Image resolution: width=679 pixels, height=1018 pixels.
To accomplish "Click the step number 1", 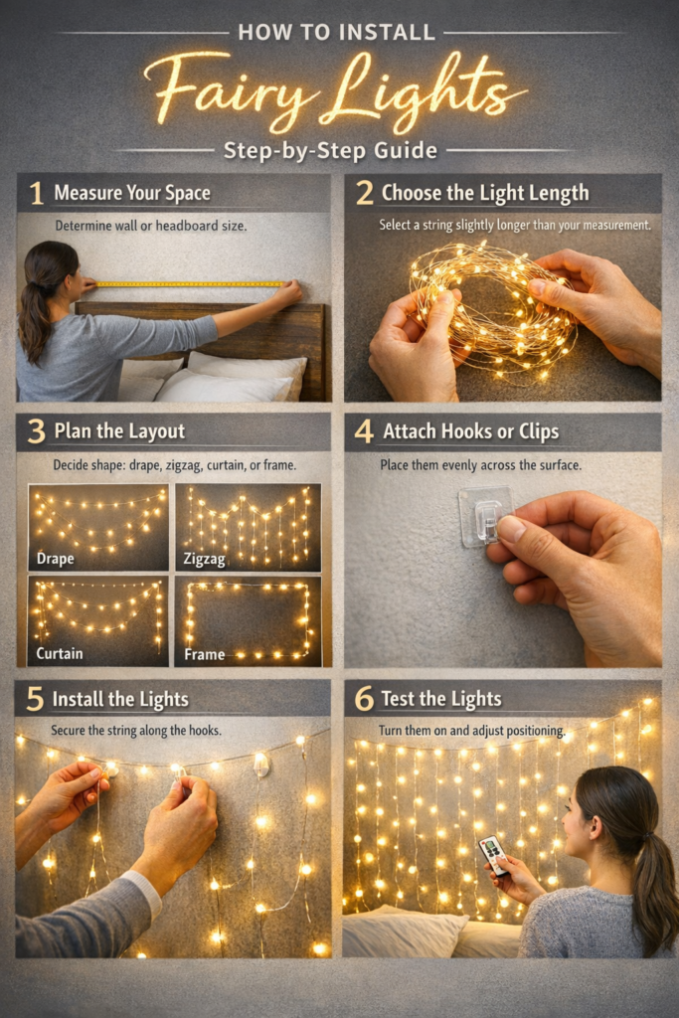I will pyautogui.click(x=37, y=193).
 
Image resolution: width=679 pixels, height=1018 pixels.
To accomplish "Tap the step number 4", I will pyautogui.click(x=364, y=431).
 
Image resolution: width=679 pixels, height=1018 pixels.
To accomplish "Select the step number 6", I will pyautogui.click(x=364, y=699).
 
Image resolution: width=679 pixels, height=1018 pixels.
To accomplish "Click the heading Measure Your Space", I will pyautogui.click(x=132, y=193).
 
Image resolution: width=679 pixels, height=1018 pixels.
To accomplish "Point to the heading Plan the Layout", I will pyautogui.click(x=119, y=431).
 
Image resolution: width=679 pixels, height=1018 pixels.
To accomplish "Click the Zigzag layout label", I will pyautogui.click(x=205, y=560).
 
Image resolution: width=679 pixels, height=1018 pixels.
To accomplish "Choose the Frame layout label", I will pyautogui.click(x=204, y=655).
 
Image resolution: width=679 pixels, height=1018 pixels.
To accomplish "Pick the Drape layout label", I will pyautogui.click(x=55, y=559).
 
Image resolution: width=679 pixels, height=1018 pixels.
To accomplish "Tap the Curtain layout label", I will pyautogui.click(x=59, y=653).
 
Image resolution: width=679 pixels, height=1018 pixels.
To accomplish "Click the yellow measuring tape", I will pyautogui.click(x=189, y=284).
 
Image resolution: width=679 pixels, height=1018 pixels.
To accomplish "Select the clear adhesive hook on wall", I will pyautogui.click(x=484, y=516).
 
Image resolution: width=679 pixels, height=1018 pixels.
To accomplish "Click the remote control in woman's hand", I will pyautogui.click(x=493, y=854).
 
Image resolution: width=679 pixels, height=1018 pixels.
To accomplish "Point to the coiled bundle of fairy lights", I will pyautogui.click(x=492, y=308).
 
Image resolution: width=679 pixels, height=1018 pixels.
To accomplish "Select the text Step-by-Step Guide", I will pyautogui.click(x=330, y=151).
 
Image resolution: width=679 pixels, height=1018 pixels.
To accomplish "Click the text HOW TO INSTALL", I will pyautogui.click(x=336, y=32).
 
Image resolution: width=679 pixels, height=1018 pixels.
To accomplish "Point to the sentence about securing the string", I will pyautogui.click(x=136, y=731).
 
